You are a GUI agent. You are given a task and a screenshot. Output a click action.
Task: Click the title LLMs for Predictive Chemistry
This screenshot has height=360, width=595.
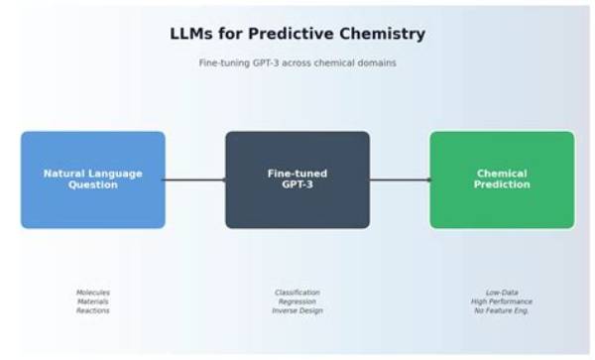coord(297,34)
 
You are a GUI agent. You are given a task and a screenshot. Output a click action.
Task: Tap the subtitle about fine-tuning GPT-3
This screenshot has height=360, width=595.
coord(297,62)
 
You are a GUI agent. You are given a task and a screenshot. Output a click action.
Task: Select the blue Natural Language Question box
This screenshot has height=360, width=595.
coord(93,180)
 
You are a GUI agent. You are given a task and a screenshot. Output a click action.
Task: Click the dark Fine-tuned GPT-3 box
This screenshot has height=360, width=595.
coord(297,180)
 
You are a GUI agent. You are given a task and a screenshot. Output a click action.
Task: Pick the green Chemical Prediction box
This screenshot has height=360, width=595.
coord(502,180)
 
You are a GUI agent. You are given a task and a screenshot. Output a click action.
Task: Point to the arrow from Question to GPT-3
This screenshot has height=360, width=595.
coord(195,180)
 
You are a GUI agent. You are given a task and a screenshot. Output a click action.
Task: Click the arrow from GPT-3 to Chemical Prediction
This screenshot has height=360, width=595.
coord(401,180)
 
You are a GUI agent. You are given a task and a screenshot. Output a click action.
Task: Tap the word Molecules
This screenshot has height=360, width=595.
coord(93,293)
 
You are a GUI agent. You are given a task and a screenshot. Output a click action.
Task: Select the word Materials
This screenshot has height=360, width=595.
coord(93,301)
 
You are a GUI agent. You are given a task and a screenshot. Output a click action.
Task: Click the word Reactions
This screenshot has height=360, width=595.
coord(93,310)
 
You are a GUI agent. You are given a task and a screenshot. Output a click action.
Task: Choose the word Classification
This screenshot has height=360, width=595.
coord(297,293)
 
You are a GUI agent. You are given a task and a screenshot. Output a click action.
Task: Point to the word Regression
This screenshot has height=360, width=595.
coord(297,301)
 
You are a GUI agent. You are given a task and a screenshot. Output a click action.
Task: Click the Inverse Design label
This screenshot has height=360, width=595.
coord(297,310)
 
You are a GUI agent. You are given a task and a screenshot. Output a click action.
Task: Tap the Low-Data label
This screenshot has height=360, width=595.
coord(502,293)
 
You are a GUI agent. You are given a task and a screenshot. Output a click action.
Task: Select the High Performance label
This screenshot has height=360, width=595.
coord(502,301)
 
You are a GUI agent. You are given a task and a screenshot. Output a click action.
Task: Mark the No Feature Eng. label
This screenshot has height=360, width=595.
coord(502,310)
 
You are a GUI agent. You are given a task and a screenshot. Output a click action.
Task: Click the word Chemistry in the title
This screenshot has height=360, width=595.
coord(382,34)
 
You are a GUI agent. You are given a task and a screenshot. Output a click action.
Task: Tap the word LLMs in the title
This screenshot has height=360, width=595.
coord(190,34)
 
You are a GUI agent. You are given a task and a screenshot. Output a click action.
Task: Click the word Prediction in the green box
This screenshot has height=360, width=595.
coord(502,184)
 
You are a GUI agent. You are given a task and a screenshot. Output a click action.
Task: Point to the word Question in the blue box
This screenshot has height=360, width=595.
coord(93,185)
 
